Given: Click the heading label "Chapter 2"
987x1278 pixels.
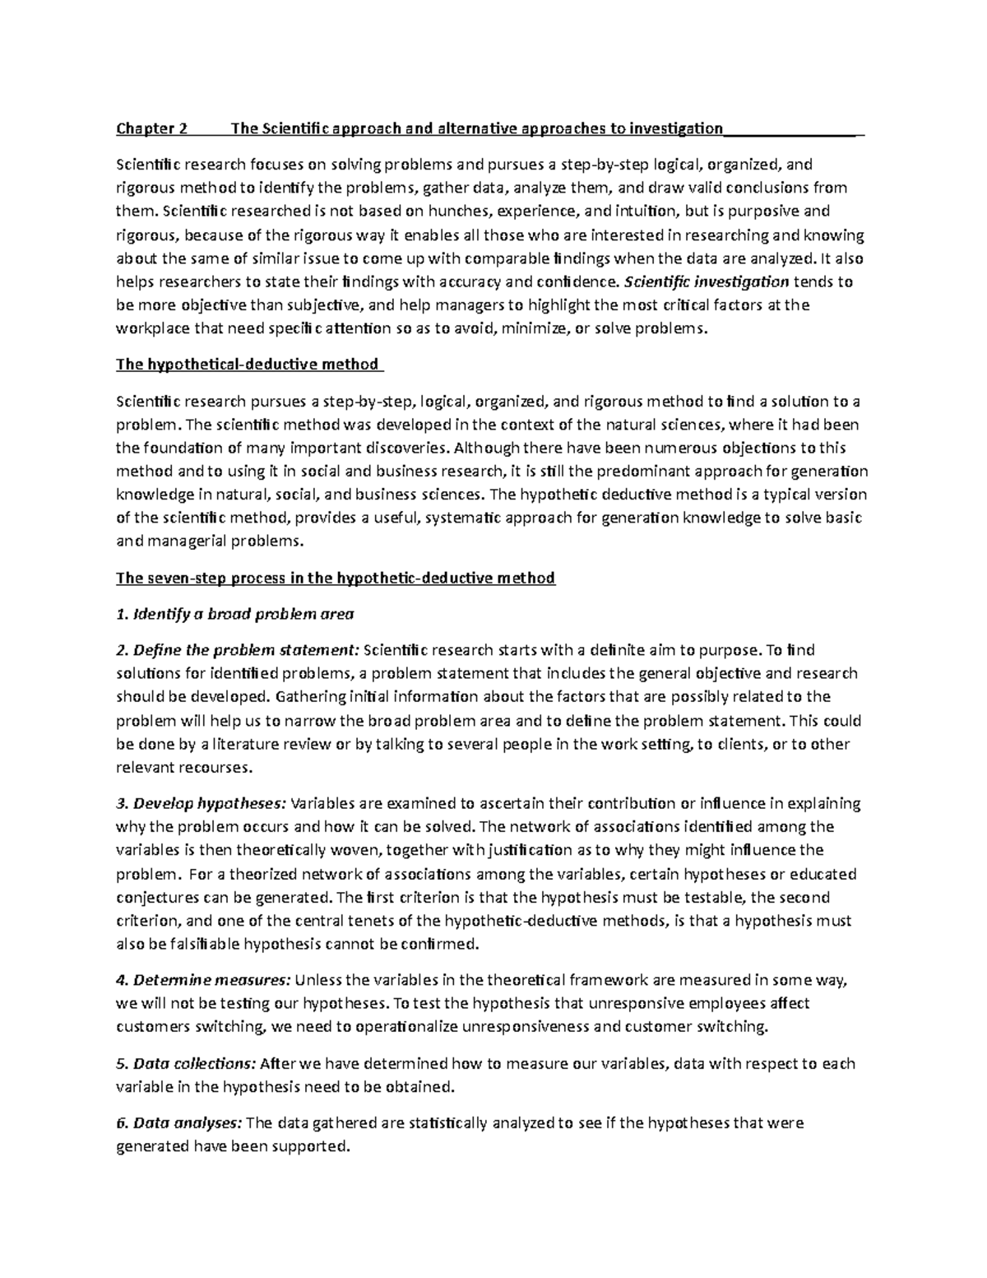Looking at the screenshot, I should pos(152,128).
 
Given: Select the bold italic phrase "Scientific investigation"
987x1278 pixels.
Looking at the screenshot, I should pos(707,281).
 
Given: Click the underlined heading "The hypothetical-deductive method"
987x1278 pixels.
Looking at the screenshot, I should pos(248,364).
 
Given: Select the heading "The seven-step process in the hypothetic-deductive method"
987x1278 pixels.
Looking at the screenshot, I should pos(336,578).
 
